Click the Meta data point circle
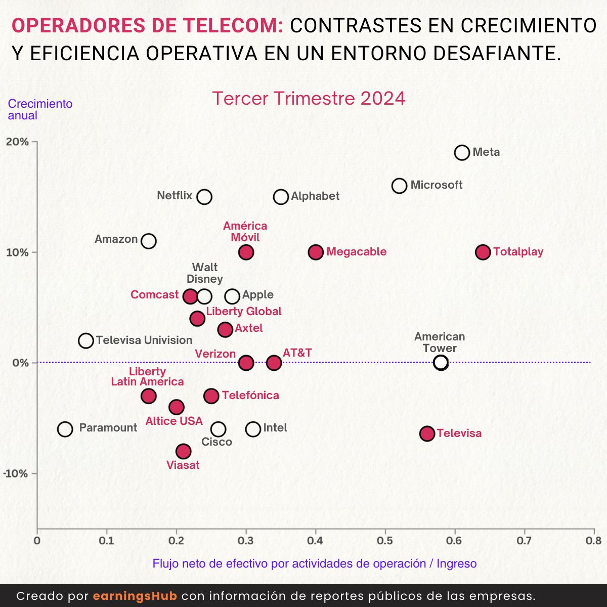coord(462,152)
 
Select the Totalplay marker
coord(483,252)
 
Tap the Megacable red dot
coord(316,252)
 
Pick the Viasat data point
coord(183,451)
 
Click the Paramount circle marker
coord(65,429)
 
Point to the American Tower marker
coord(441,362)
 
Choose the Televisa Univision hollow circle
coord(86,340)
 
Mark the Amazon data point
coord(148,241)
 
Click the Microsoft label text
coord(436,185)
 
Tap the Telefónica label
coord(250,396)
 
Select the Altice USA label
coord(174,421)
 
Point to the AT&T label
coord(297,353)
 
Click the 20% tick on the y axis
coord(18,142)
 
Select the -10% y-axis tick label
coord(16,473)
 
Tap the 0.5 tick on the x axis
coord(385,541)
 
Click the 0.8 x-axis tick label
coord(594,541)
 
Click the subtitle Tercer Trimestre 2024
coord(309,98)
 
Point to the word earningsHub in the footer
coord(135,596)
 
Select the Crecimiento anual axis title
coord(40,109)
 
